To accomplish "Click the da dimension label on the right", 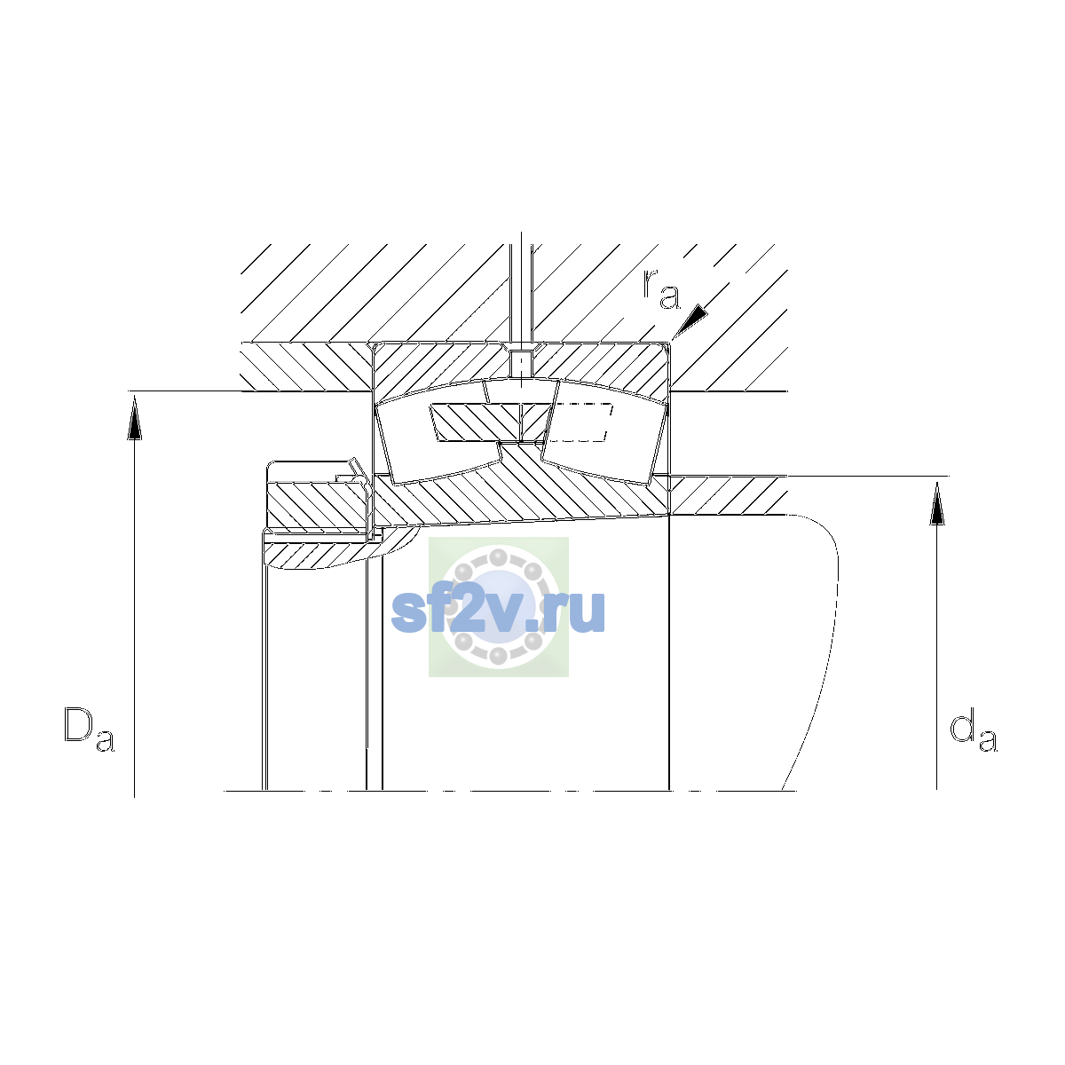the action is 974,733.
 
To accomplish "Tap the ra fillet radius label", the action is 661,289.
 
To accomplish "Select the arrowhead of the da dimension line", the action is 937,503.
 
